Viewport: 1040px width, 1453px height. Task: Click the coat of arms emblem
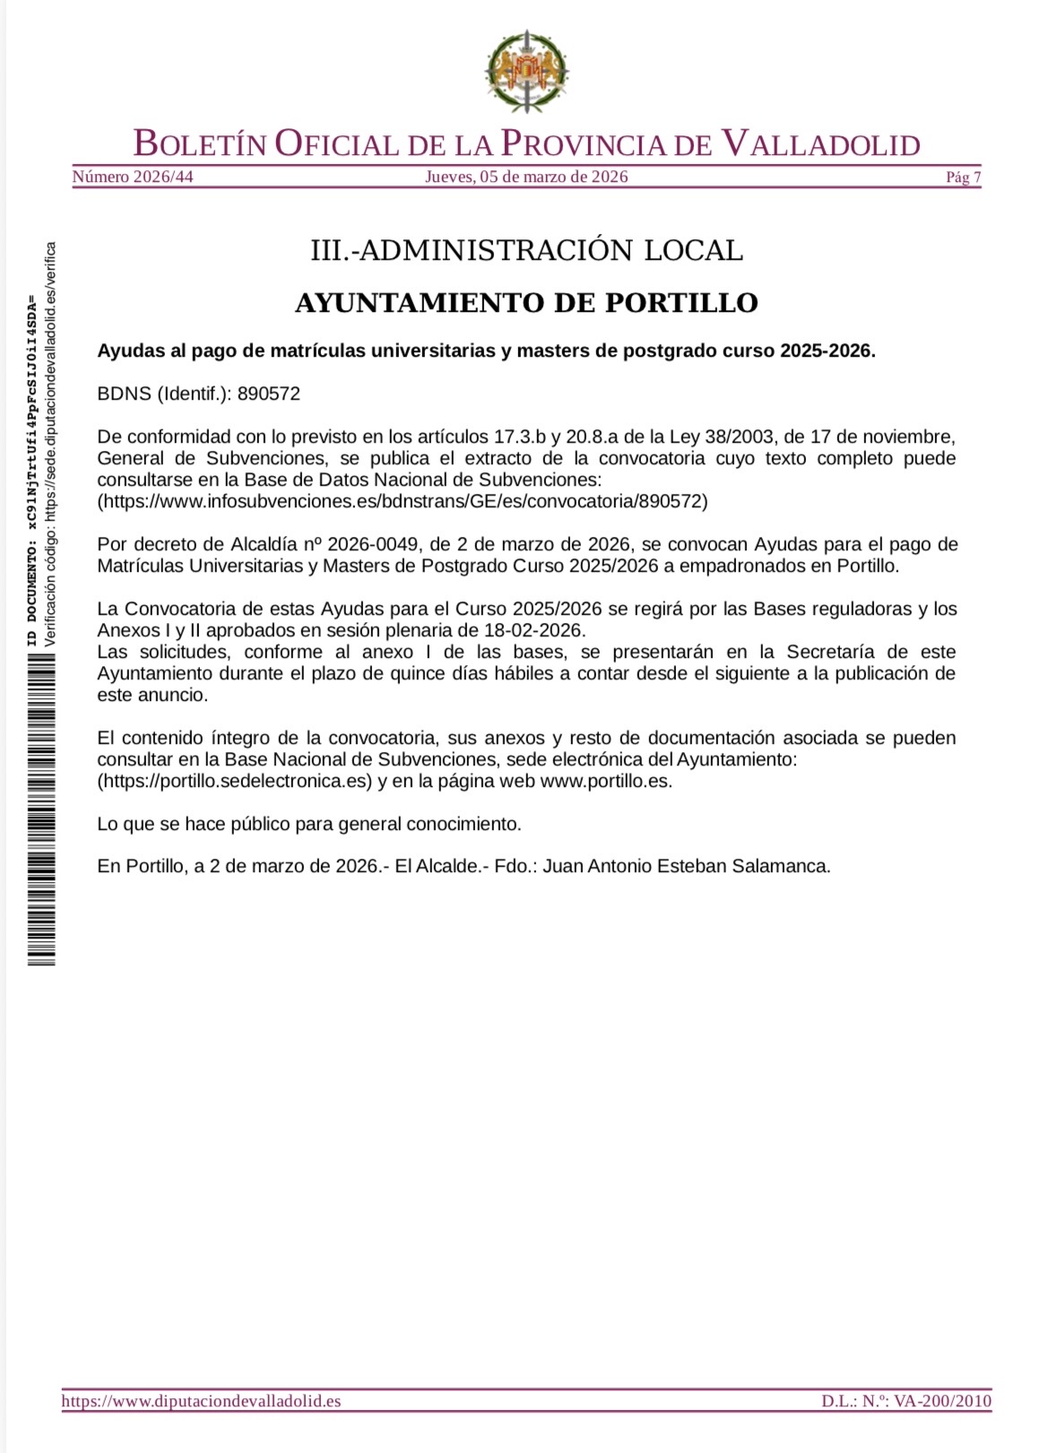527,72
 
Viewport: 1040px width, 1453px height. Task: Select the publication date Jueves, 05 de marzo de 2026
526,177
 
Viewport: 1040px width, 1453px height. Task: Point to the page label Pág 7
963,177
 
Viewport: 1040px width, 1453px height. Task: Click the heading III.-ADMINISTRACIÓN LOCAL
526,250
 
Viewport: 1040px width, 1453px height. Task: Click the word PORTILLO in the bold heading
681,303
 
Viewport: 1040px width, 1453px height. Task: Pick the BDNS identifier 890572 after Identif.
268,394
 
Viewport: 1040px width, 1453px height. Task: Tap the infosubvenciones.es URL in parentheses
403,501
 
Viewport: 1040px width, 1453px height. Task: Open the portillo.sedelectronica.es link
234,781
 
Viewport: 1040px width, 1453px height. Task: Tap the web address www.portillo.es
605,781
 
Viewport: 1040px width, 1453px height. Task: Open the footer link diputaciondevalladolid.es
201,1400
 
